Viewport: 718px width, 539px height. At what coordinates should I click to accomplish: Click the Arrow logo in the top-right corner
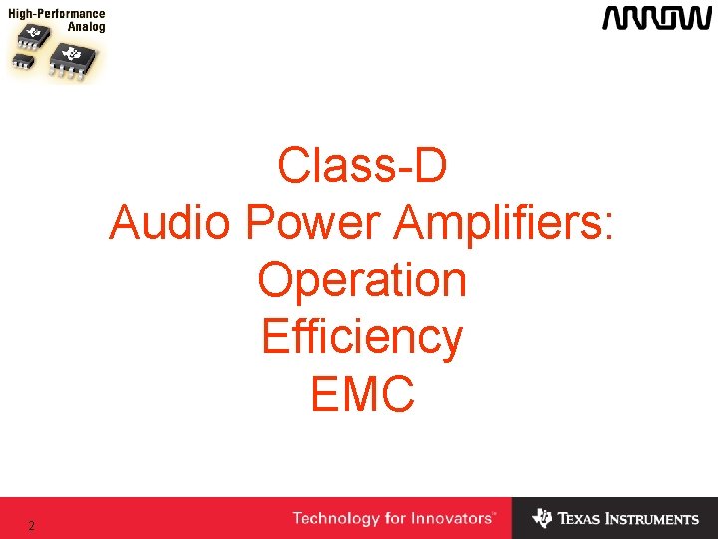pos(655,18)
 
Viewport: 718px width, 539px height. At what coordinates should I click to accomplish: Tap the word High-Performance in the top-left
pos(57,14)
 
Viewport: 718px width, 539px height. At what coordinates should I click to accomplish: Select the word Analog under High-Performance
pos(86,27)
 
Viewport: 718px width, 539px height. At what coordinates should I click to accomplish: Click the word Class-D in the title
pos(362,166)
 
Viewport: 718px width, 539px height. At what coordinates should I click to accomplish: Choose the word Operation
pos(362,279)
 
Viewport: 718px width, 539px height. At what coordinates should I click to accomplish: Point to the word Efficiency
pos(362,337)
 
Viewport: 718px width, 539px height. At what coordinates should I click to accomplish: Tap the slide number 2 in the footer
pos(32,526)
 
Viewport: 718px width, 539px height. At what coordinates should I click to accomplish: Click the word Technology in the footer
pos(336,518)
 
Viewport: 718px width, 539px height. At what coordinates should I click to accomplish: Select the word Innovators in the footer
pos(454,518)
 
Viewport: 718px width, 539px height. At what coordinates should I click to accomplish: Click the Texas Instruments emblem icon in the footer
pos(541,518)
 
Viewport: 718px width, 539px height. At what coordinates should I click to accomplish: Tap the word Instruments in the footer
pos(652,519)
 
